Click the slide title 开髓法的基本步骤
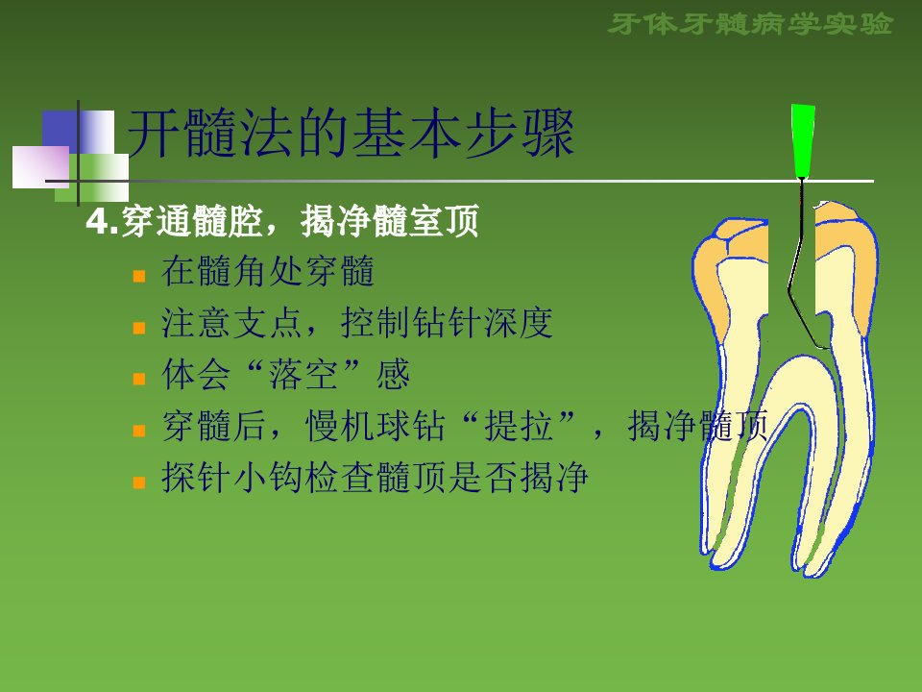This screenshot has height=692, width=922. pyautogui.click(x=351, y=134)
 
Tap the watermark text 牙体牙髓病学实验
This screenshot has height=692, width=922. pyautogui.click(x=751, y=24)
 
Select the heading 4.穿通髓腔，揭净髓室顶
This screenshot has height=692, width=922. pyautogui.click(x=282, y=221)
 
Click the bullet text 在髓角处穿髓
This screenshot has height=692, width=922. pyautogui.click(x=268, y=271)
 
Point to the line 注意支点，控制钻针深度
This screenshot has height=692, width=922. pyautogui.click(x=357, y=323)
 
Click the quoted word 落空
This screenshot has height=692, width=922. pyautogui.click(x=303, y=374)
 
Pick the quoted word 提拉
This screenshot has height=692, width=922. pyautogui.click(x=519, y=426)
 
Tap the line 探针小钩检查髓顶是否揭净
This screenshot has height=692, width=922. pyautogui.click(x=376, y=478)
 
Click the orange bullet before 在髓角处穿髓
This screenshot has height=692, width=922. pyautogui.click(x=139, y=276)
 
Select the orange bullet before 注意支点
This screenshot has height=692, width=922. pyautogui.click(x=139, y=328)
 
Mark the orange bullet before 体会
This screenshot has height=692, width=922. pyautogui.click(x=139, y=379)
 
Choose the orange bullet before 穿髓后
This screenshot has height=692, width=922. pyautogui.click(x=139, y=431)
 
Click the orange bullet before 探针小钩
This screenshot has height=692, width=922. pyautogui.click(x=139, y=482)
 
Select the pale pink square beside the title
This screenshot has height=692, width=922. pyautogui.click(x=40, y=167)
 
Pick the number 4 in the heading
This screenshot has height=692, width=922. pyautogui.click(x=96, y=222)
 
